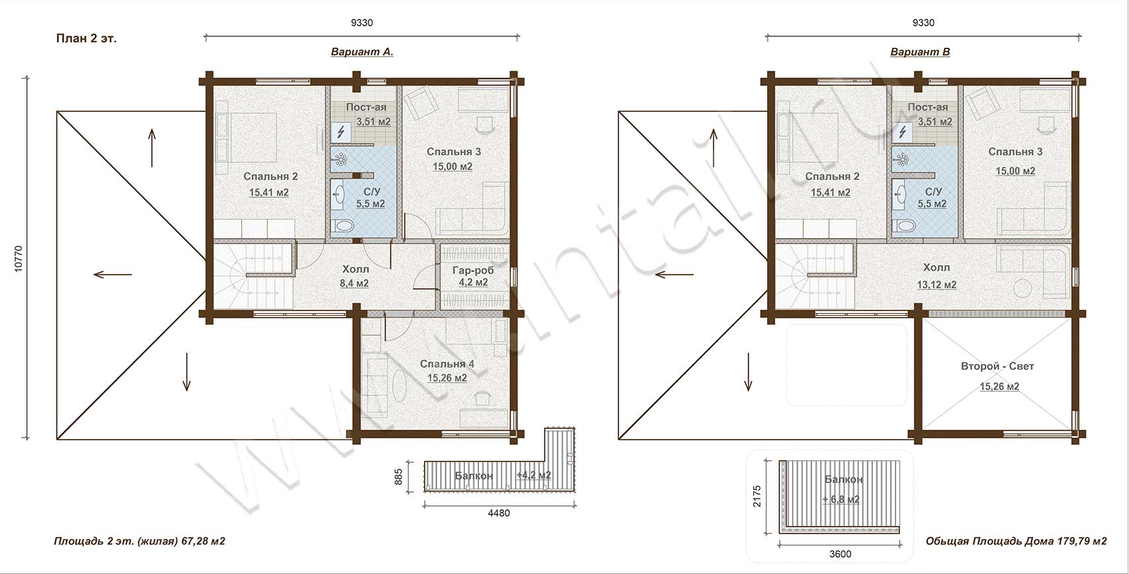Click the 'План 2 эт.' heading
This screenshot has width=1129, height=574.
coord(86,39)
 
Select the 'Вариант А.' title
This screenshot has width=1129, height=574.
coord(362,52)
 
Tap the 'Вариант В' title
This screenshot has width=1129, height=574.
coord(920,52)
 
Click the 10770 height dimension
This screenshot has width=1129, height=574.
coord(19,259)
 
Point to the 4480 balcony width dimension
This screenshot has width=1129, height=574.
coord(498,513)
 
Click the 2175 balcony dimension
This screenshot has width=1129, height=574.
coord(757,496)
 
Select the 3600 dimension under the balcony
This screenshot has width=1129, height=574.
coord(840,554)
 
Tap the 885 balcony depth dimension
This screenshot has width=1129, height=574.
coord(398,476)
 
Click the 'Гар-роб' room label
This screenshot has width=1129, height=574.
coord(473,270)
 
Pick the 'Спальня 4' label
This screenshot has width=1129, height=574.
coord(447,363)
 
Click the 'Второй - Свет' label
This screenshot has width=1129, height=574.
coord(997,366)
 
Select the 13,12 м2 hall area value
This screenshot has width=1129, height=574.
coord(936,285)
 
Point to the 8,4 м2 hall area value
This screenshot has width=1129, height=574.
coord(354,283)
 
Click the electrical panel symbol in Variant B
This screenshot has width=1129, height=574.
coord(902,132)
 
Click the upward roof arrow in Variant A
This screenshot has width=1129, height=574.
coord(152,148)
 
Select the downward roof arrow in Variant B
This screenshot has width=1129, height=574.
coord(748,372)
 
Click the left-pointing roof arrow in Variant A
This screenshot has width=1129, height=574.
coord(113,274)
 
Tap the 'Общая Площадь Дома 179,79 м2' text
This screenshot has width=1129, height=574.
coord(1016,542)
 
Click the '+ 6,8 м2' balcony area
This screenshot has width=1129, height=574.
coord(841,499)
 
